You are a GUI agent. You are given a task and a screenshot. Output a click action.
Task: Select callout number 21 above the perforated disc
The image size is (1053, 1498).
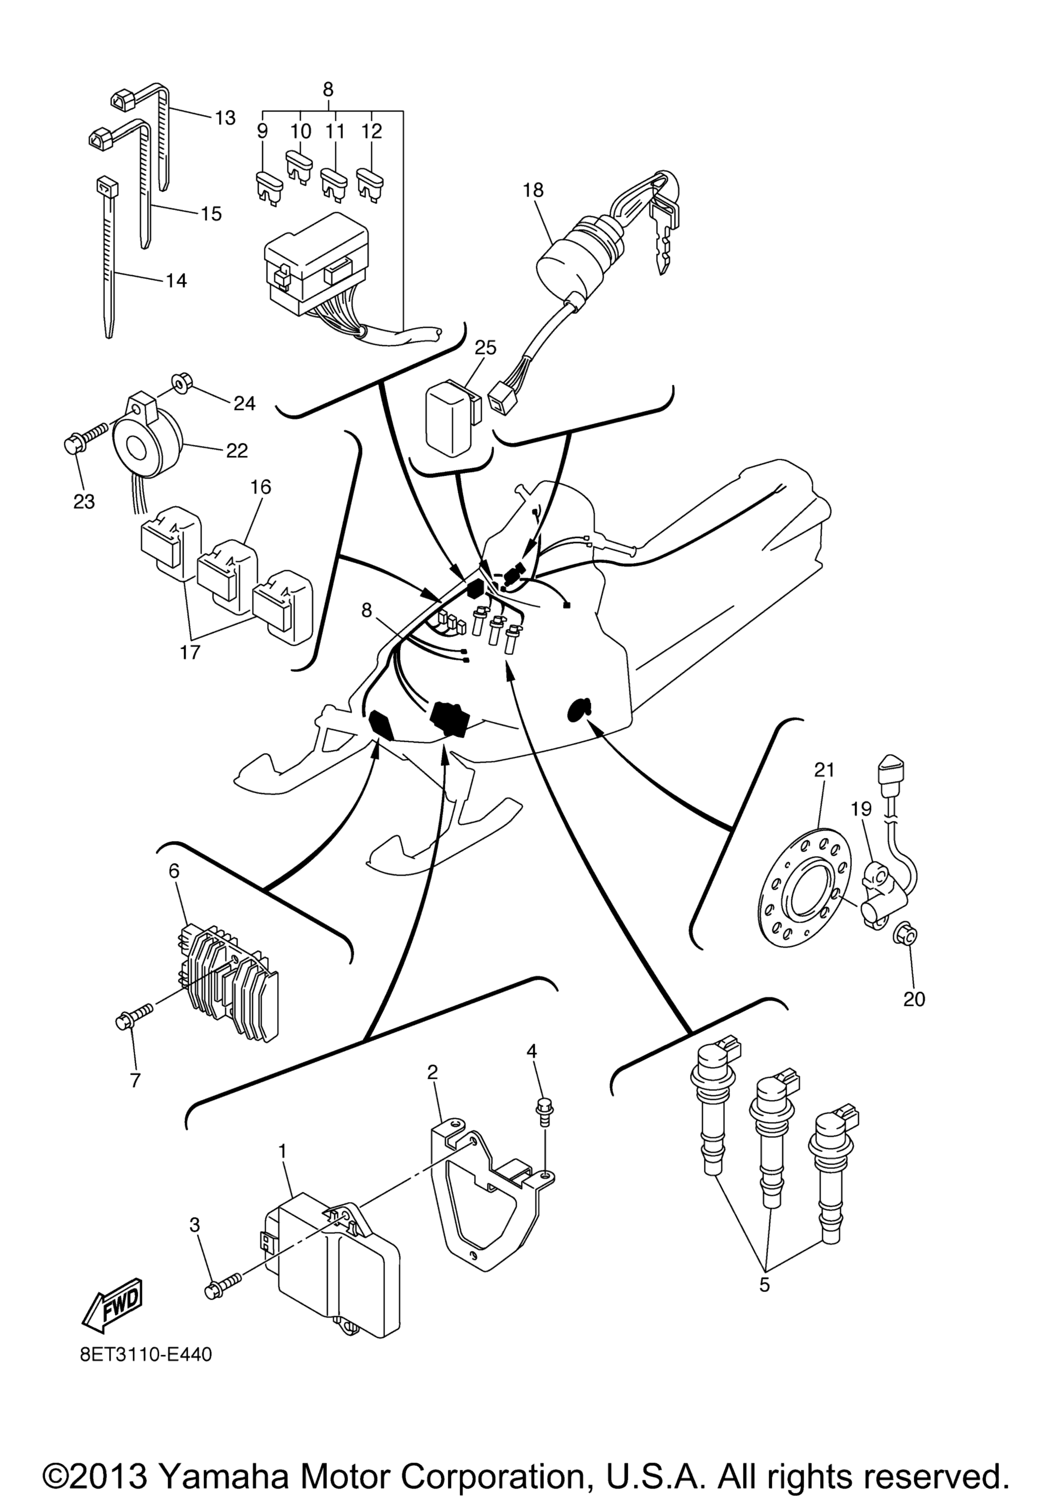pyautogui.click(x=825, y=770)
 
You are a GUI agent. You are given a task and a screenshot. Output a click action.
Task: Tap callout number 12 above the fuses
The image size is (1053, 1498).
pyautogui.click(x=371, y=131)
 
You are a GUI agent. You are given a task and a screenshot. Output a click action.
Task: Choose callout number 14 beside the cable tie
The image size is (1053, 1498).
pyautogui.click(x=176, y=280)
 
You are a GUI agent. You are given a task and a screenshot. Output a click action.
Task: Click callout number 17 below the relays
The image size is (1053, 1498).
pyautogui.click(x=190, y=652)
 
